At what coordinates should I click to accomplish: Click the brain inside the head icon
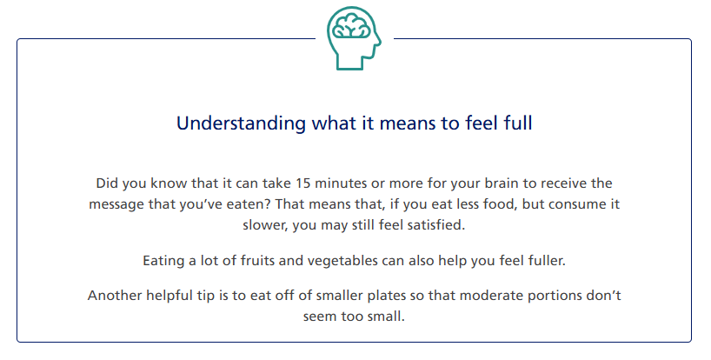click(x=351, y=27)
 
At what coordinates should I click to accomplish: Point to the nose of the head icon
click(x=378, y=42)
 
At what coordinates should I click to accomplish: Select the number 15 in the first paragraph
click(x=302, y=183)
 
